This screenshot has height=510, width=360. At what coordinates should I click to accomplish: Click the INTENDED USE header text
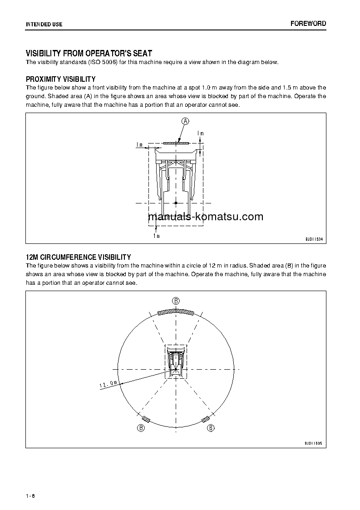(x=44, y=24)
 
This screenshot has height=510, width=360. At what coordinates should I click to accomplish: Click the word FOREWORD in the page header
(x=308, y=24)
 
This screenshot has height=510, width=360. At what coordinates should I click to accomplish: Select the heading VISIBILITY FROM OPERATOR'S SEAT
(x=89, y=54)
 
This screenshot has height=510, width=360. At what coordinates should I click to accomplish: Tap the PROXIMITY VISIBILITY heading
(x=60, y=79)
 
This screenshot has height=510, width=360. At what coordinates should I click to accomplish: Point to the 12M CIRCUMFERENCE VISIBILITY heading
(x=78, y=257)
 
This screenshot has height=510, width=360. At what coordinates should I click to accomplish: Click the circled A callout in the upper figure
(x=185, y=121)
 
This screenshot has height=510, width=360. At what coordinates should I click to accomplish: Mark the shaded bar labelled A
(x=176, y=143)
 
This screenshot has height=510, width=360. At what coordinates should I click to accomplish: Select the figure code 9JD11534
(x=314, y=239)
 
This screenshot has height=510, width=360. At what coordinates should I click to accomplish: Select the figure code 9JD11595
(x=314, y=442)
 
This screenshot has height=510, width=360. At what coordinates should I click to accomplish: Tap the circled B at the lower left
(x=141, y=428)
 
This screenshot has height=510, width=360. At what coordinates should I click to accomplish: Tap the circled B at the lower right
(x=211, y=428)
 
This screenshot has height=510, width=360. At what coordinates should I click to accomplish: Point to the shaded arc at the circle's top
(x=176, y=312)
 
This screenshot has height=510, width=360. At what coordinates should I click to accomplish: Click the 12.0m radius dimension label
(x=108, y=385)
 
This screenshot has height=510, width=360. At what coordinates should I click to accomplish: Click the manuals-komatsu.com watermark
(x=206, y=217)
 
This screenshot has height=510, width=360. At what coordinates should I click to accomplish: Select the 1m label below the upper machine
(x=156, y=236)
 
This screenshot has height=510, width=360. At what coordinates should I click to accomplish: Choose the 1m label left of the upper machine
(x=139, y=145)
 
